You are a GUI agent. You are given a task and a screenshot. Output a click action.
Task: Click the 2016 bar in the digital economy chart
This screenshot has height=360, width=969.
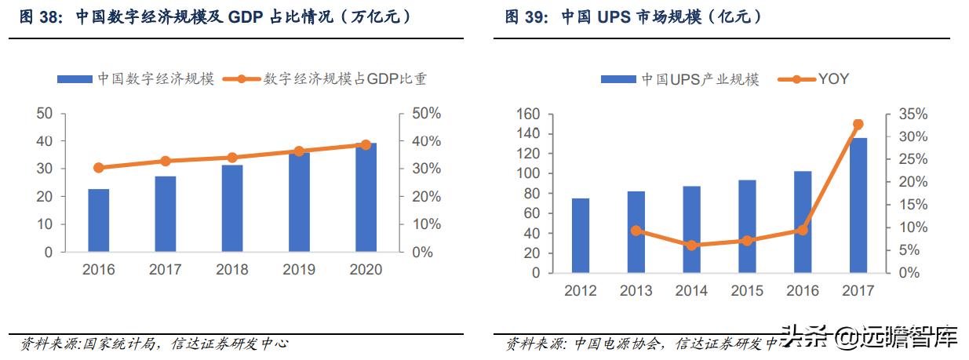(x=99, y=220)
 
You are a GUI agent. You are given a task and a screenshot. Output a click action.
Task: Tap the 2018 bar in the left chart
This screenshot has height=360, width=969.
(x=232, y=209)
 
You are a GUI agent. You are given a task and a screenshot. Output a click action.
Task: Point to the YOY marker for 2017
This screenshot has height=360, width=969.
(x=858, y=124)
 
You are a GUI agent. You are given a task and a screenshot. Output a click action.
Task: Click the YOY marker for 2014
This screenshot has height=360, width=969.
(x=691, y=245)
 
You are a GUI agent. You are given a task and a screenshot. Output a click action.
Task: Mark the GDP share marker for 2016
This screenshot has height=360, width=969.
(x=99, y=168)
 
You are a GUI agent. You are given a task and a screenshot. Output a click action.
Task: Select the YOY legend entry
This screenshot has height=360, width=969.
(x=813, y=78)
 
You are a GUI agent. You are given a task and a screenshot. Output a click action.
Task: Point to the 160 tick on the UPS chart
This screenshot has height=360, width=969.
(x=529, y=115)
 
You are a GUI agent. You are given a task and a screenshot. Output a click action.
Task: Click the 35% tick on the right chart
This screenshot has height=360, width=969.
(x=913, y=115)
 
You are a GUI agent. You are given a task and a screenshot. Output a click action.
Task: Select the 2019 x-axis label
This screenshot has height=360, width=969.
(x=299, y=270)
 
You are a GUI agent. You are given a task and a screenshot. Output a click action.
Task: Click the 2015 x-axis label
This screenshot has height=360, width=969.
(x=746, y=291)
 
